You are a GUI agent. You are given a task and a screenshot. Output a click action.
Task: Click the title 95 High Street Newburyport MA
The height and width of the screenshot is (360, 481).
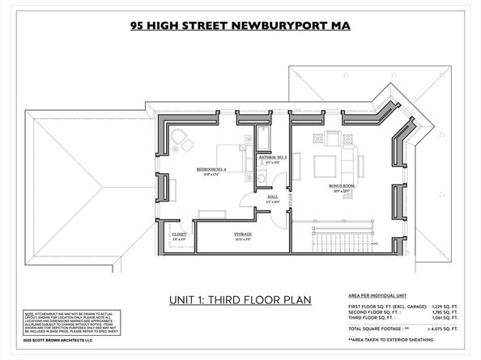tap(240, 24)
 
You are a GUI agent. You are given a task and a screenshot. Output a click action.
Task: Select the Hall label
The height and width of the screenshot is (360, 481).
tap(273, 197)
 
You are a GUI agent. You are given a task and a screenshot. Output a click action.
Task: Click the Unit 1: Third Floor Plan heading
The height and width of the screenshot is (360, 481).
tap(240, 300)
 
